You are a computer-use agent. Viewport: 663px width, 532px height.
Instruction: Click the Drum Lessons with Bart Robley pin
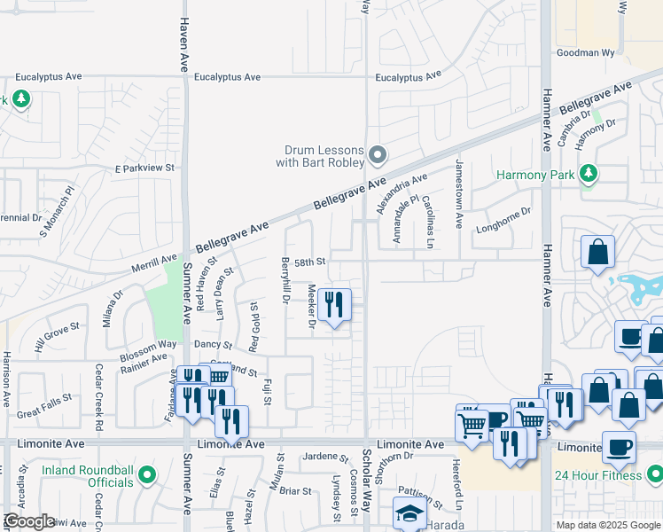coord(378,157)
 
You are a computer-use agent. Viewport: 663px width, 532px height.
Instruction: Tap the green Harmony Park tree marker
coord(588,175)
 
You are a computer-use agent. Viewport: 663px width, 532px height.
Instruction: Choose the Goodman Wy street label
coord(585,53)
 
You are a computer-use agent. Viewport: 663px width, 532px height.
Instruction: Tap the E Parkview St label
coord(145,168)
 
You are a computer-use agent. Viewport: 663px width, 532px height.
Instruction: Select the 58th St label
coord(311,262)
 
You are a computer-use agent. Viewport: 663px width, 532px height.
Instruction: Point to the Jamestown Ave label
coord(459,194)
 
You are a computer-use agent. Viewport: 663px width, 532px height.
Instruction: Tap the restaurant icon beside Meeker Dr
coord(334,306)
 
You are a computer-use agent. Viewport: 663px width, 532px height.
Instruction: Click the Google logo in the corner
coord(29,521)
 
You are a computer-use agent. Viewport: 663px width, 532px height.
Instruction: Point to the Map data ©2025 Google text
coord(607,525)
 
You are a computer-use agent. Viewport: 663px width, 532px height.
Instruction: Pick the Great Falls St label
coord(43,411)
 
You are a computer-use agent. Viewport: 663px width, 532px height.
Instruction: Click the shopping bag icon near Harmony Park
coord(598,252)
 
